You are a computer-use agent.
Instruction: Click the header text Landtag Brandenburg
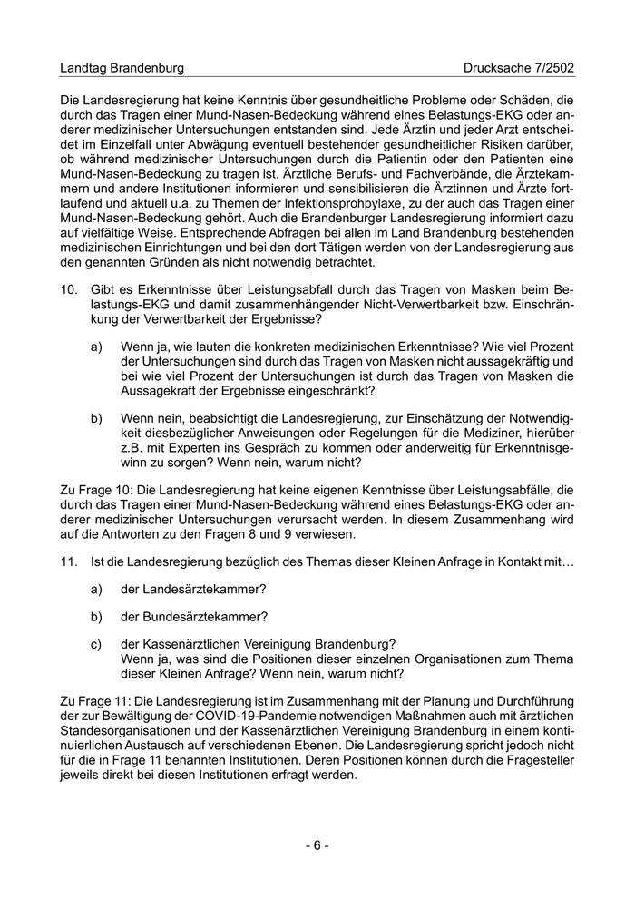click(x=122, y=68)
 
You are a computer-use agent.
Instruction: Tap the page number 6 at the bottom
click(x=317, y=845)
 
